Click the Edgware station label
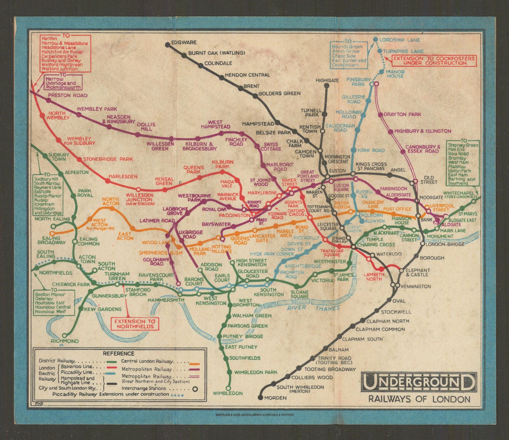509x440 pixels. [x=184, y=42]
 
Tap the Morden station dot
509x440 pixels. [x=261, y=397]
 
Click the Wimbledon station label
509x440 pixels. [x=228, y=393]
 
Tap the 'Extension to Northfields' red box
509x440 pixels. [x=135, y=324]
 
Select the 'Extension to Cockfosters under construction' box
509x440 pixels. [x=434, y=61]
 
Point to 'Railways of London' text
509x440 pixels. [x=419, y=399]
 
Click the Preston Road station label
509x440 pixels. [x=68, y=95]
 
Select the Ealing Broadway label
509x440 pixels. [x=53, y=240]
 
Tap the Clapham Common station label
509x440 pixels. [x=380, y=329]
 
